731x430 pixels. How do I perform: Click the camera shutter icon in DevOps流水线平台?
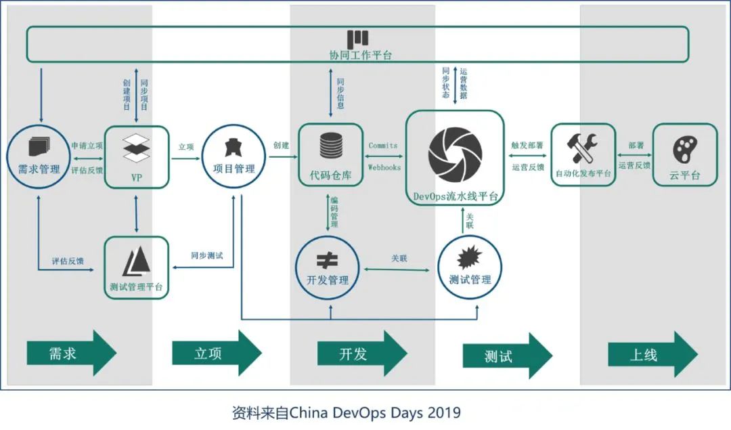pyautogui.click(x=455, y=154)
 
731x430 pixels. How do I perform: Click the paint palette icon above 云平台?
pyautogui.click(x=684, y=148)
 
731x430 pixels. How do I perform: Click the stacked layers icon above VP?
pyautogui.click(x=136, y=148)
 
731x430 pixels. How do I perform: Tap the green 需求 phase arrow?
pyautogui.click(x=71, y=353)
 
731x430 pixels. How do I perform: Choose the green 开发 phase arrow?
pyautogui.click(x=361, y=353)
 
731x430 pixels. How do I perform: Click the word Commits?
pyautogui.click(x=382, y=146)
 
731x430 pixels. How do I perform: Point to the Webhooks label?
pyautogui.click(x=384, y=167)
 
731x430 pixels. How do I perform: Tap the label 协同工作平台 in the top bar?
pyautogui.click(x=357, y=56)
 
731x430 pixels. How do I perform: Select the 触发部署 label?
pyautogui.click(x=527, y=145)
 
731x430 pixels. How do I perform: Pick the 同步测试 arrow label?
pyautogui.click(x=206, y=256)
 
